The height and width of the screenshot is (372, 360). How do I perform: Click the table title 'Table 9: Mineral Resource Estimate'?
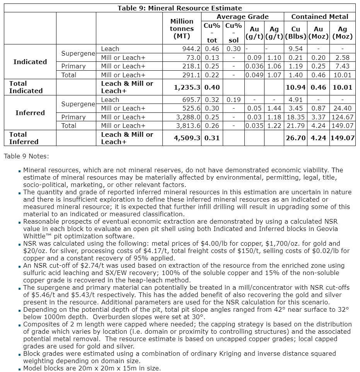point(180,8)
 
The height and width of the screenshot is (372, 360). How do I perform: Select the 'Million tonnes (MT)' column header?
point(182,29)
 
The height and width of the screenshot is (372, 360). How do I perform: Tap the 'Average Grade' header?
point(242,17)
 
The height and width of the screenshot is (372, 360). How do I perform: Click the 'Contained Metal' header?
point(319,17)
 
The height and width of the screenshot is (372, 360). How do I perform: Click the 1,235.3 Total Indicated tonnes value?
point(187,87)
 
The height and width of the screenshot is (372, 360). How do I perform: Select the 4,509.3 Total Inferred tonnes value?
point(187,138)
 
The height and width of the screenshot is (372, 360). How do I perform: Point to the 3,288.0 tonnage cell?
point(188,117)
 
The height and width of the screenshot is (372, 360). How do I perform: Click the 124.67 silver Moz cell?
point(342,117)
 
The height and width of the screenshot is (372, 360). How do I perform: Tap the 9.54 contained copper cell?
point(295,49)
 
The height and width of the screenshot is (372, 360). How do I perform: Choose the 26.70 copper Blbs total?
point(295,138)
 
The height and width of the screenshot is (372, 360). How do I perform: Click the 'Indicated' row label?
point(30,62)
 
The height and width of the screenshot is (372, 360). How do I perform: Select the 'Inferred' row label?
point(30,113)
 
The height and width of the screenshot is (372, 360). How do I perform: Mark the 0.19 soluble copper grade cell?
point(233,100)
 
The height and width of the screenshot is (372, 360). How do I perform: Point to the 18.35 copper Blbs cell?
point(295,117)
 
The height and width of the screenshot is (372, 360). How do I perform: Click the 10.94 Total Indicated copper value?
point(295,87)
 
